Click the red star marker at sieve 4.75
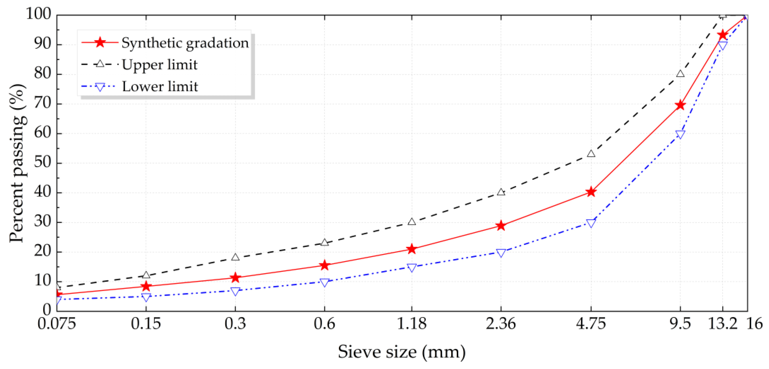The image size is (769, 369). click(x=591, y=192)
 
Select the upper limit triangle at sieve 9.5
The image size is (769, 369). click(x=680, y=73)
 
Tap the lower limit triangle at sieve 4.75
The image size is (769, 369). click(x=591, y=223)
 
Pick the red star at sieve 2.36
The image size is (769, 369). click(x=501, y=226)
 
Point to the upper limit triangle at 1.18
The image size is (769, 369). click(x=412, y=221)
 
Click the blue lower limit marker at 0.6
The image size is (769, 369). click(x=324, y=282)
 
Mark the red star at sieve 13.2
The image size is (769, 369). click(x=722, y=35)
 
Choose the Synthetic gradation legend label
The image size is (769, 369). click(x=185, y=43)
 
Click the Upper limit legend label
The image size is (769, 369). click(x=159, y=65)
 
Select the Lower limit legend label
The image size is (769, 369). click(x=160, y=87)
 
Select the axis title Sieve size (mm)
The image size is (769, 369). click(x=402, y=352)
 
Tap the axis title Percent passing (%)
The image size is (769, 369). click(x=17, y=163)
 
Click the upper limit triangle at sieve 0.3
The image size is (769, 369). click(x=235, y=257)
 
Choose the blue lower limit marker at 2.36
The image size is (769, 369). click(x=501, y=253)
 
